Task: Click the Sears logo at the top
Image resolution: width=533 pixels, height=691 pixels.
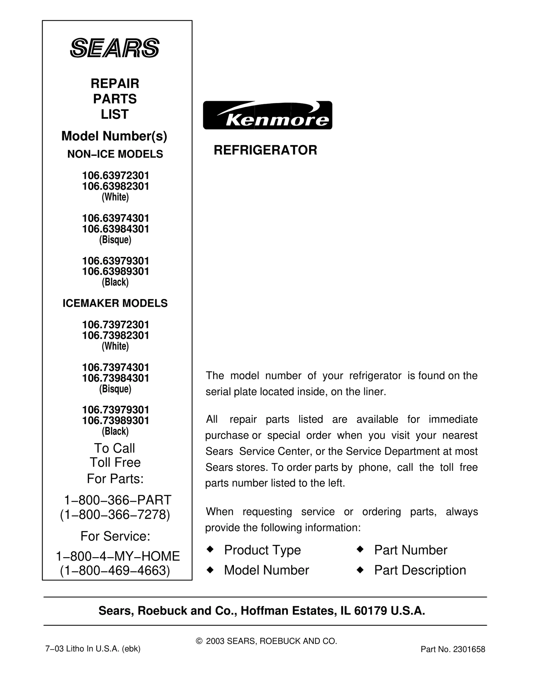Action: point(115,48)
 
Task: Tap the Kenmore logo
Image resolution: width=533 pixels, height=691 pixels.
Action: point(267,115)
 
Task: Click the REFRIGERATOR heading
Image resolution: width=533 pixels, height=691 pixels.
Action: point(265,150)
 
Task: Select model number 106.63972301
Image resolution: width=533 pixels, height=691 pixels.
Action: point(115,176)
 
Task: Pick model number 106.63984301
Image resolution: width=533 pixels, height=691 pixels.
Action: point(115,229)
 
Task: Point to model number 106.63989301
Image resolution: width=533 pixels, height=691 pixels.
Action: point(115,271)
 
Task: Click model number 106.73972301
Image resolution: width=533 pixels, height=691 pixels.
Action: point(115,325)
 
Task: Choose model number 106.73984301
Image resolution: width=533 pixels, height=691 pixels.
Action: point(115,378)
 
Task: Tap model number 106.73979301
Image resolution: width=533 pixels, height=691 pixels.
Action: point(115,410)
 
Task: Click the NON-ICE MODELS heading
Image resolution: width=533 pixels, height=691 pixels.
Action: point(115,154)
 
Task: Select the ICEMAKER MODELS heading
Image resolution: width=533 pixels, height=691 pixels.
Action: point(115,303)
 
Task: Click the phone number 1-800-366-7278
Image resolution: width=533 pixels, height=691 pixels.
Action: point(115,515)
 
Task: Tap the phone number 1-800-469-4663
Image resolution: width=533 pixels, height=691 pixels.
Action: point(115,571)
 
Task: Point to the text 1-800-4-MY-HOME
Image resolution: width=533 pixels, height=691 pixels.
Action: point(118,556)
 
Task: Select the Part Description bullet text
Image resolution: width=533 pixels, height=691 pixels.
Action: point(420,570)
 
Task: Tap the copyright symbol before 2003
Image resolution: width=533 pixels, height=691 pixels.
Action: point(199,641)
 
